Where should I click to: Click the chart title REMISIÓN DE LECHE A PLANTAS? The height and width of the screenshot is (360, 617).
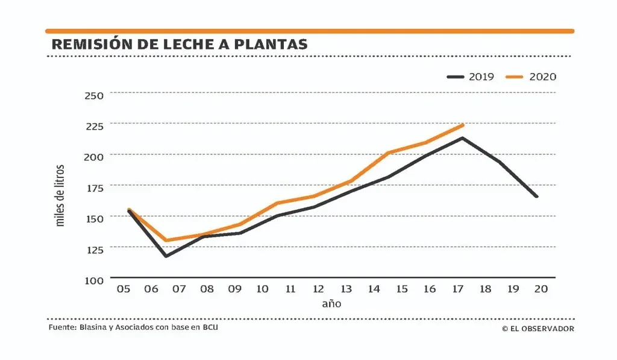(180, 44)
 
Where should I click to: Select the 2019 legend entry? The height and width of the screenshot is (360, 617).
(471, 77)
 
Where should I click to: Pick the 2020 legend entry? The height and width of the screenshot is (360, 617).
(531, 77)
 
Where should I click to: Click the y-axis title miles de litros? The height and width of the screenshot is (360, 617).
(60, 195)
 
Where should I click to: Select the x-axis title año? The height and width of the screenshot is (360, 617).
(331, 303)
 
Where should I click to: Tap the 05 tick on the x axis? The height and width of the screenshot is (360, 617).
(124, 289)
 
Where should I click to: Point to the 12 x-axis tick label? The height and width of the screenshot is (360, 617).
(318, 289)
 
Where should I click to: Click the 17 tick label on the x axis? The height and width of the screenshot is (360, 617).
(457, 289)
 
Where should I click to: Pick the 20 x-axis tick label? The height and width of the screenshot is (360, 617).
(541, 289)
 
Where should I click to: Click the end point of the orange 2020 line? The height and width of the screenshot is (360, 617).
(463, 125)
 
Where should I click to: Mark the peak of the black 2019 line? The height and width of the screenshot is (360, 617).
(462, 138)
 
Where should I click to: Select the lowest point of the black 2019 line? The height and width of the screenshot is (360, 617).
(165, 256)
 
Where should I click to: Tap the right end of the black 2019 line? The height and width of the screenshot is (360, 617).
(536, 197)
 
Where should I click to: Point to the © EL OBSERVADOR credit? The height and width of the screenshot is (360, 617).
(537, 329)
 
